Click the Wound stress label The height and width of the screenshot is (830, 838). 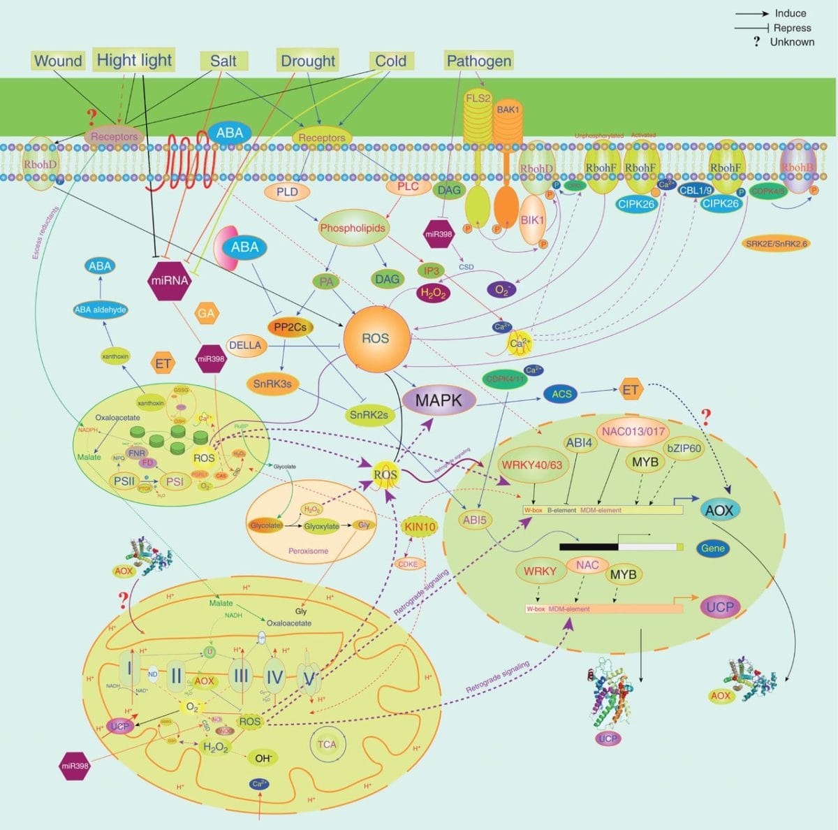click(58, 61)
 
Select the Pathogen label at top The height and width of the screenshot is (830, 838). click(478, 61)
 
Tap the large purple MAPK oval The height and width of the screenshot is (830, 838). click(439, 400)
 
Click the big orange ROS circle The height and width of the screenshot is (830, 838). click(375, 338)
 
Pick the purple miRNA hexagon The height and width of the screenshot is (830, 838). click(170, 281)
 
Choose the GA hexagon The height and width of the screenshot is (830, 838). click(206, 314)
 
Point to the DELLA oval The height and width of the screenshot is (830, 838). click(246, 345)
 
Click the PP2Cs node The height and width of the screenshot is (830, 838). click(290, 326)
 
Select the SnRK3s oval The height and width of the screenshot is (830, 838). click(272, 383)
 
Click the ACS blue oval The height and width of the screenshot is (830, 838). click(561, 394)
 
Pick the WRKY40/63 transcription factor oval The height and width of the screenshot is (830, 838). click(532, 465)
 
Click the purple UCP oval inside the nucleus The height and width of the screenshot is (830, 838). click(719, 606)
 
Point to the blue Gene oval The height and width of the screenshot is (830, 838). click(713, 548)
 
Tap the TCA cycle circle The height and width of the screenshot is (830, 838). click(327, 744)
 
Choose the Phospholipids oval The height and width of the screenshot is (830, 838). click(353, 228)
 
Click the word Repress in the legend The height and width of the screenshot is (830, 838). click(792, 28)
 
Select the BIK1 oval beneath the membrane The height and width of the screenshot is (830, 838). click(532, 220)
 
